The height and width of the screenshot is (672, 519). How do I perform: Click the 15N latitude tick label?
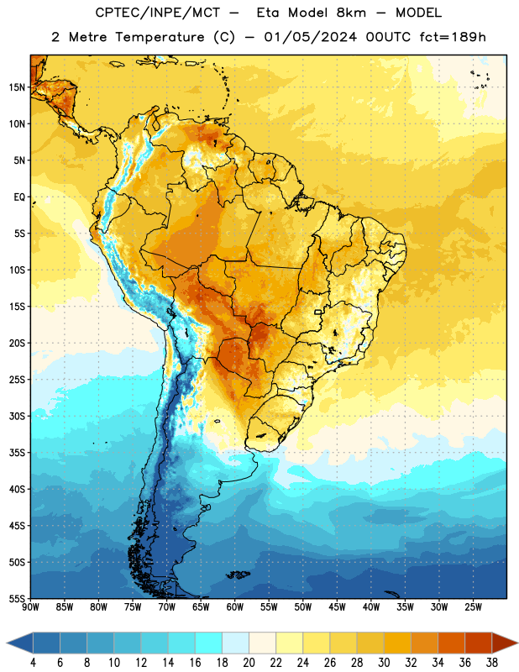pyautogui.click(x=17, y=87)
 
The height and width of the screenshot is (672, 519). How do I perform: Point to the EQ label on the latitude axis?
pyautogui.click(x=19, y=197)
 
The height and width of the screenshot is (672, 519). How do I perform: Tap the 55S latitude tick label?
pyautogui.click(x=17, y=598)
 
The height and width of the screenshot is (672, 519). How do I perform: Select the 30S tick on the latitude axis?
pyautogui.click(x=17, y=416)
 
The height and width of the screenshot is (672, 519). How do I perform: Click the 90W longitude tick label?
pyautogui.click(x=30, y=607)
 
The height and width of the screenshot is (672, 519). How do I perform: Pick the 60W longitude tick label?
pyautogui.click(x=235, y=607)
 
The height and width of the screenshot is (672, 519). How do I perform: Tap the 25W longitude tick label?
pyautogui.click(x=473, y=607)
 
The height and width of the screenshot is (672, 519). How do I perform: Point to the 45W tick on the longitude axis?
pyautogui.click(x=337, y=607)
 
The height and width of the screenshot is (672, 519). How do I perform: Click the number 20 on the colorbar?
pyautogui.click(x=249, y=663)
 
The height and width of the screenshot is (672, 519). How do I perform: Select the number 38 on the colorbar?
pyautogui.click(x=492, y=663)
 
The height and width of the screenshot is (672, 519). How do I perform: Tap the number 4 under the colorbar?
pyautogui.click(x=33, y=663)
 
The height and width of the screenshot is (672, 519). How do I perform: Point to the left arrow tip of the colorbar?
pyautogui.click(x=7, y=643)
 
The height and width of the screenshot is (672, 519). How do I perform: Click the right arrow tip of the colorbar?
pyautogui.click(x=518, y=643)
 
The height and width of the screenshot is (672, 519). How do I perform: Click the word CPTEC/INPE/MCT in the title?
pyautogui.click(x=157, y=13)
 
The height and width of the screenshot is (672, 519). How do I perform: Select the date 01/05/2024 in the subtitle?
pyautogui.click(x=310, y=37)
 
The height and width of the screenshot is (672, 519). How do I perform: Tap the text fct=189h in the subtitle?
pyautogui.click(x=453, y=37)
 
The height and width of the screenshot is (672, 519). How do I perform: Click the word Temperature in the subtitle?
pyautogui.click(x=160, y=38)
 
